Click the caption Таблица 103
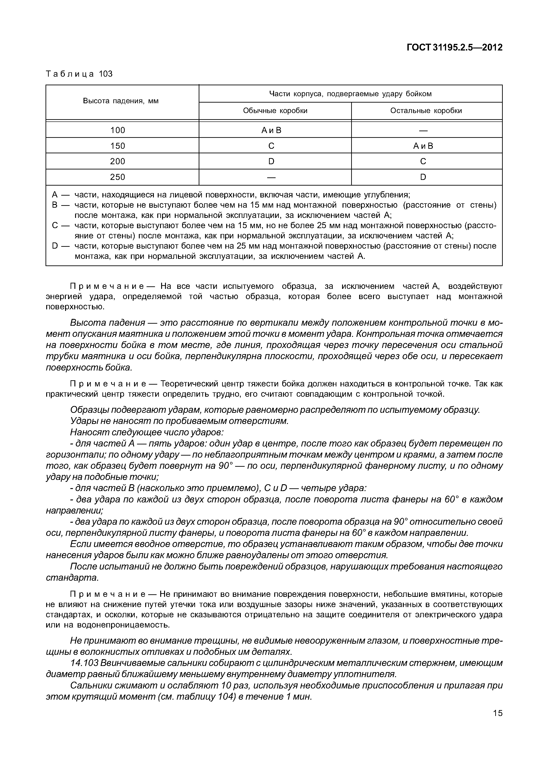[x=79, y=74]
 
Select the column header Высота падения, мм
[x=121, y=101]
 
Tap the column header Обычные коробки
[x=275, y=111]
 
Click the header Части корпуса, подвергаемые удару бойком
[x=350, y=94]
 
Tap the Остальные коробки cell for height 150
[x=423, y=146]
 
